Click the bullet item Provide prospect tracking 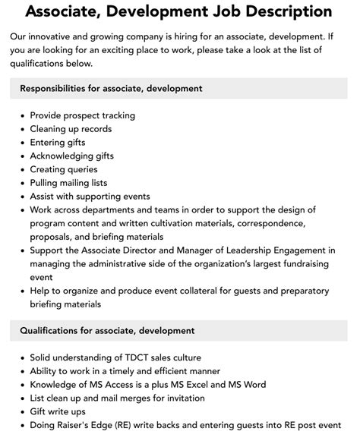[x=82, y=115]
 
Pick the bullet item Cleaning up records [x=72, y=129]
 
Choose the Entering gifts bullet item [x=58, y=142]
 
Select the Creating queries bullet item [x=64, y=169]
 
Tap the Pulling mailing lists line [x=68, y=183]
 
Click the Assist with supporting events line [x=90, y=196]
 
